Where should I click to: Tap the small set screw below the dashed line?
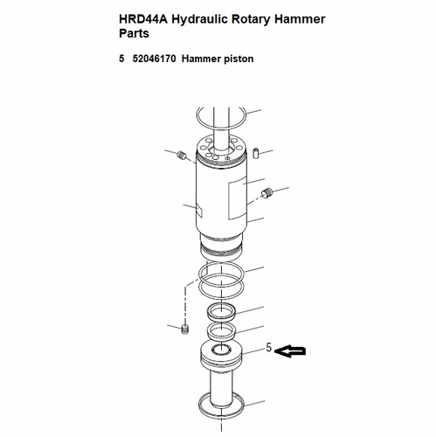pos(185,329)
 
